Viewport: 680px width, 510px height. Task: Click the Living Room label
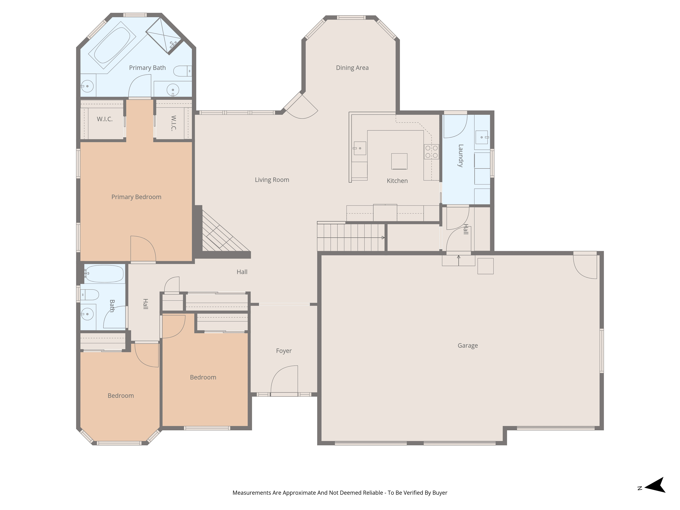(x=272, y=180)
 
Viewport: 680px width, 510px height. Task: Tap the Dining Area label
(x=352, y=68)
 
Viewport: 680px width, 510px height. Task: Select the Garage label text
(x=468, y=346)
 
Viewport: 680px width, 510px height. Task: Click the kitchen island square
(x=399, y=161)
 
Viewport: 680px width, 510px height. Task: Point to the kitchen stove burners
(x=431, y=152)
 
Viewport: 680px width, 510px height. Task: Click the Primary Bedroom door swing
(x=143, y=249)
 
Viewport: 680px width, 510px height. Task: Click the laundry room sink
(x=482, y=137)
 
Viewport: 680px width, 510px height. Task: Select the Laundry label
(x=460, y=156)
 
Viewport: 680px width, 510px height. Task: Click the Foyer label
(x=283, y=351)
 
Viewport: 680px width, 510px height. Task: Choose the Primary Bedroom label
(x=136, y=197)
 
